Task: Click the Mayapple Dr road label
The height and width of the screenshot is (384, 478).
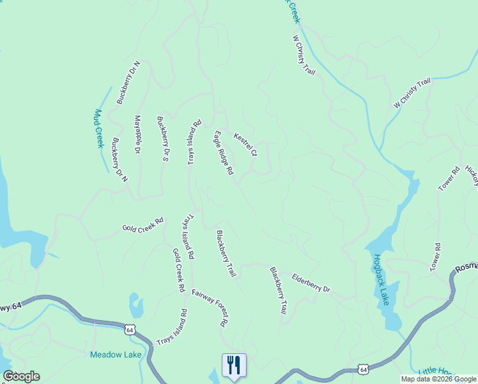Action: tap(136, 134)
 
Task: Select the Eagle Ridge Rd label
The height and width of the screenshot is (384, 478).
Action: tap(224, 153)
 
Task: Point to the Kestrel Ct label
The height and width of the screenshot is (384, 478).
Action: tap(245, 145)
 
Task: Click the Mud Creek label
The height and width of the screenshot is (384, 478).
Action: tap(99, 129)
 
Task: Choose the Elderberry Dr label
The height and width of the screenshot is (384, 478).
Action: tap(311, 284)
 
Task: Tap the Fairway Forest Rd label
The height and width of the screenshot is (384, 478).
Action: tap(210, 308)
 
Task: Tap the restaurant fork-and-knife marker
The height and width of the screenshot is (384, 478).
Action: tap(233, 365)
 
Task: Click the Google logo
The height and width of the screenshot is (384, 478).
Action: tap(21, 376)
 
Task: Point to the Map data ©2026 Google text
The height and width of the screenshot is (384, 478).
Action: tap(439, 379)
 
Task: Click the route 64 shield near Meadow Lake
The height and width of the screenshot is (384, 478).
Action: tap(130, 330)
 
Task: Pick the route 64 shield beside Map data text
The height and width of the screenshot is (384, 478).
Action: tap(363, 370)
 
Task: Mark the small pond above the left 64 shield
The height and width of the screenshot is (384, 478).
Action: tap(135, 305)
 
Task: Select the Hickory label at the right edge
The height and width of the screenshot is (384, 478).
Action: tap(472, 176)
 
